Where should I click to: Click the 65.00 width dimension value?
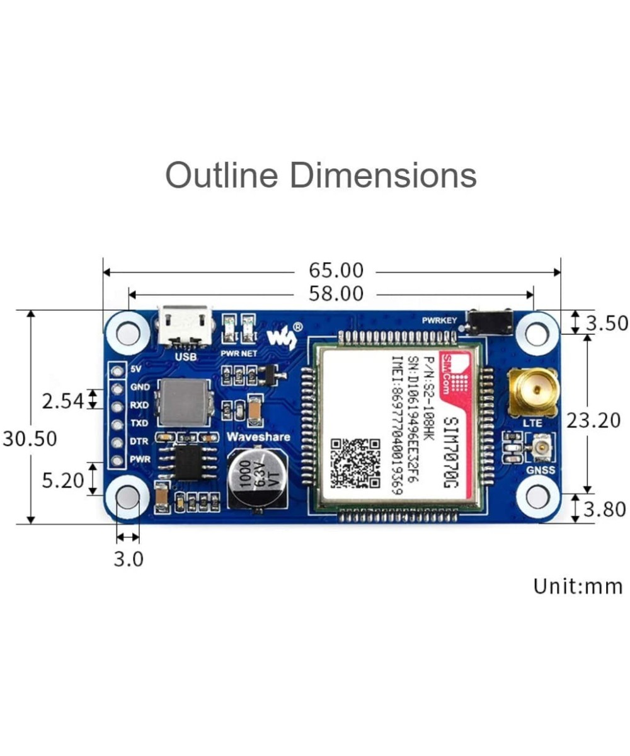pos(336,270)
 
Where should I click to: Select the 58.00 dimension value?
pos(336,294)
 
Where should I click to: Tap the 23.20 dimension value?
pos(593,420)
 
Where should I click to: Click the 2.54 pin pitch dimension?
pos(62,400)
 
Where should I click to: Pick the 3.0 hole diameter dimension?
pos(129,558)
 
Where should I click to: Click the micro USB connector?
pos(185,326)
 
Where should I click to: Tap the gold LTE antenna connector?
pos(533,392)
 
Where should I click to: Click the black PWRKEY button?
pos(489,323)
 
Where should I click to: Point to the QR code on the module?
pos(356,464)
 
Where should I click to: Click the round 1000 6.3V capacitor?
pos(256,476)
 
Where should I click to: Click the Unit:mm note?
pos(578,586)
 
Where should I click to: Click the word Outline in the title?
pos(221,175)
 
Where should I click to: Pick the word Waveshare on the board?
pos(258,437)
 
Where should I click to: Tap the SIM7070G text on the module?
pos(452,454)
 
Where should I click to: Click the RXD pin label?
pos(139,405)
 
